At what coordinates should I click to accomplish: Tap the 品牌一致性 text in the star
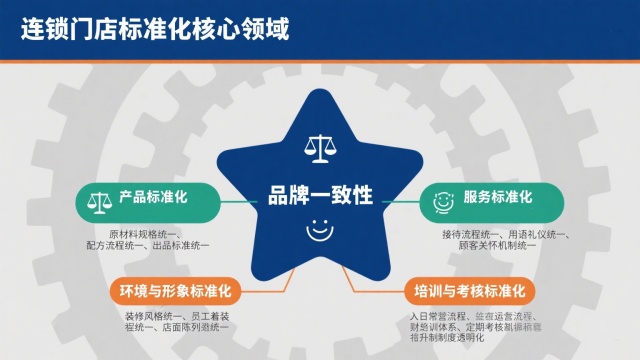click(x=320, y=194)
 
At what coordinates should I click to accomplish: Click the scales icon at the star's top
click(x=320, y=150)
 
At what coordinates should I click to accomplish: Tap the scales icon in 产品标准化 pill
click(x=99, y=200)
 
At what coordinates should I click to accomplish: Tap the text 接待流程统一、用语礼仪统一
click(x=505, y=234)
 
